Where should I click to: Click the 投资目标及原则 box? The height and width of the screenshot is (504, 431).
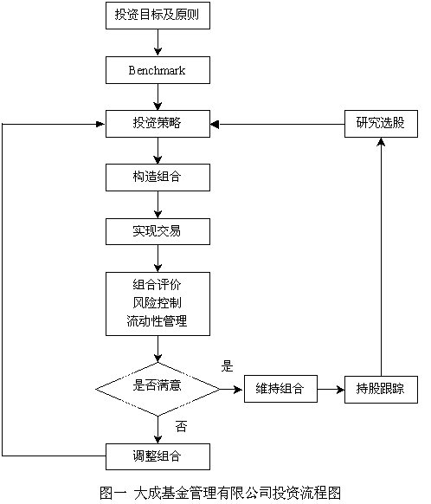[158, 16]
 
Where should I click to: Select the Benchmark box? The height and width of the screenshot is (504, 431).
[158, 70]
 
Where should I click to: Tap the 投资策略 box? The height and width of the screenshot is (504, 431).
[158, 124]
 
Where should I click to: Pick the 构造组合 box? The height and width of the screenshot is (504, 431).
[158, 178]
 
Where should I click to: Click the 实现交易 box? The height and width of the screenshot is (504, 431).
[158, 231]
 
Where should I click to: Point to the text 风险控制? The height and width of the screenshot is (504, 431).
[157, 303]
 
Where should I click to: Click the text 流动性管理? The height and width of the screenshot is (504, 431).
[157, 321]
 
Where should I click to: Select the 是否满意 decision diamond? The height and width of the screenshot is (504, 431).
[158, 389]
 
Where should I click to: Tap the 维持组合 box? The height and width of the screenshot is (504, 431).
[280, 389]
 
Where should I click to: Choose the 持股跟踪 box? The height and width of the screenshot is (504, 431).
[381, 389]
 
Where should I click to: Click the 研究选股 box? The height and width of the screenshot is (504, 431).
[381, 124]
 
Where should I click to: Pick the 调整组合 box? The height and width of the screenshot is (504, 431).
[158, 456]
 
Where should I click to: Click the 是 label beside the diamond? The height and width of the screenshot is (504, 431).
[227, 366]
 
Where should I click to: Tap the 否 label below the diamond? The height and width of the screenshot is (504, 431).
[181, 426]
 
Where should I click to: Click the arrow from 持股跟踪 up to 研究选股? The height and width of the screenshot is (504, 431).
[381, 257]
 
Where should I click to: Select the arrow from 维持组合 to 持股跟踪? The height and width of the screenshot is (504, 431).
[331, 390]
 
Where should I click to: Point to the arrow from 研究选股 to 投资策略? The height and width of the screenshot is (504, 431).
[278, 124]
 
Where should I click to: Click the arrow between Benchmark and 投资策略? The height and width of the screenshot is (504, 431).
[158, 97]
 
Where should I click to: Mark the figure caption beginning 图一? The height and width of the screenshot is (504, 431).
[221, 493]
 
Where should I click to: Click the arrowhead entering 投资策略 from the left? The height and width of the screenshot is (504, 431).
[101, 124]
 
